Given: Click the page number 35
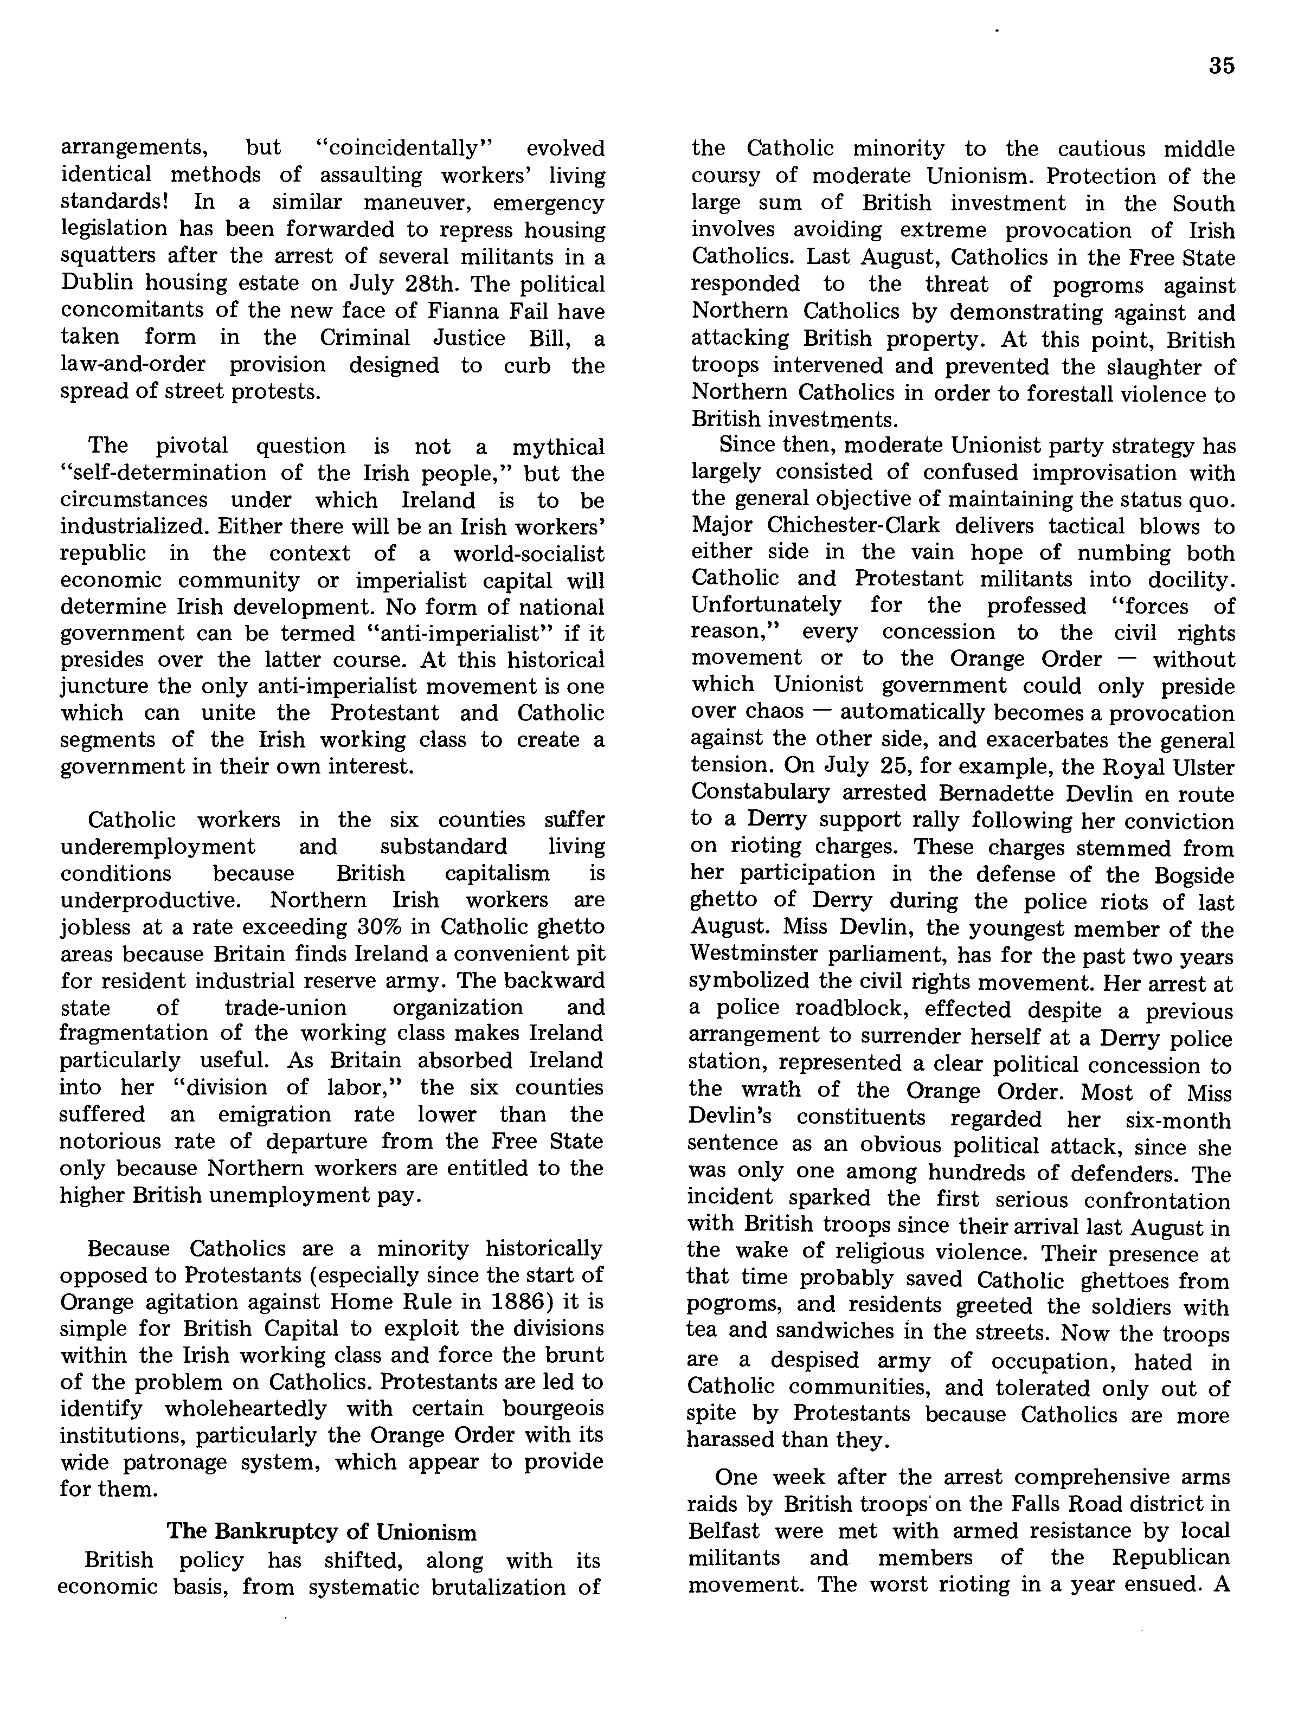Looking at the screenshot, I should click(x=1220, y=66).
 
